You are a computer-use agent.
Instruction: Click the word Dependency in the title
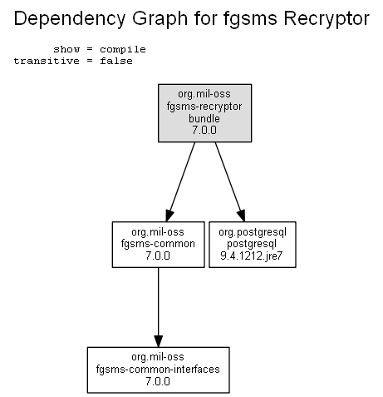(70, 19)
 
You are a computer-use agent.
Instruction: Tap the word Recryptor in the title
(327, 19)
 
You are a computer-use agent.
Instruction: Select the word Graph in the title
(160, 19)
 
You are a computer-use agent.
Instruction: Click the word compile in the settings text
(123, 50)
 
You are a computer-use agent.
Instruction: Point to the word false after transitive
(116, 61)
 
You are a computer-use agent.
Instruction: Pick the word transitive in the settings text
(47, 61)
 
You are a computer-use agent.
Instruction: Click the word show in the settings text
(66, 49)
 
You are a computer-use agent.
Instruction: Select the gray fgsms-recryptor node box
(204, 113)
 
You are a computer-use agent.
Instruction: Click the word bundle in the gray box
(204, 118)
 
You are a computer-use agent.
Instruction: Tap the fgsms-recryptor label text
(204, 107)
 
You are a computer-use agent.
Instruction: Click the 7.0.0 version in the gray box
(204, 130)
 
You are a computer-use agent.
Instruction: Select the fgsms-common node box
(159, 245)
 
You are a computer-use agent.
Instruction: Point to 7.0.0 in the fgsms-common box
(158, 256)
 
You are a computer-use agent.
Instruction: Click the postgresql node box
(253, 245)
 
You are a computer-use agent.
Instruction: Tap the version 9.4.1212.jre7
(252, 256)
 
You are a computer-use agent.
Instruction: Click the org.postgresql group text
(253, 232)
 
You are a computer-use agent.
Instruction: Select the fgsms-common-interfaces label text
(158, 369)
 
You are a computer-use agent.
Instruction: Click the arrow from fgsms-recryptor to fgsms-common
(180, 181)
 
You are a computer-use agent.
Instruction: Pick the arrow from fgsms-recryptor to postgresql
(230, 181)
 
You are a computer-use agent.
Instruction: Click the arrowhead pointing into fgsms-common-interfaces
(159, 341)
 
